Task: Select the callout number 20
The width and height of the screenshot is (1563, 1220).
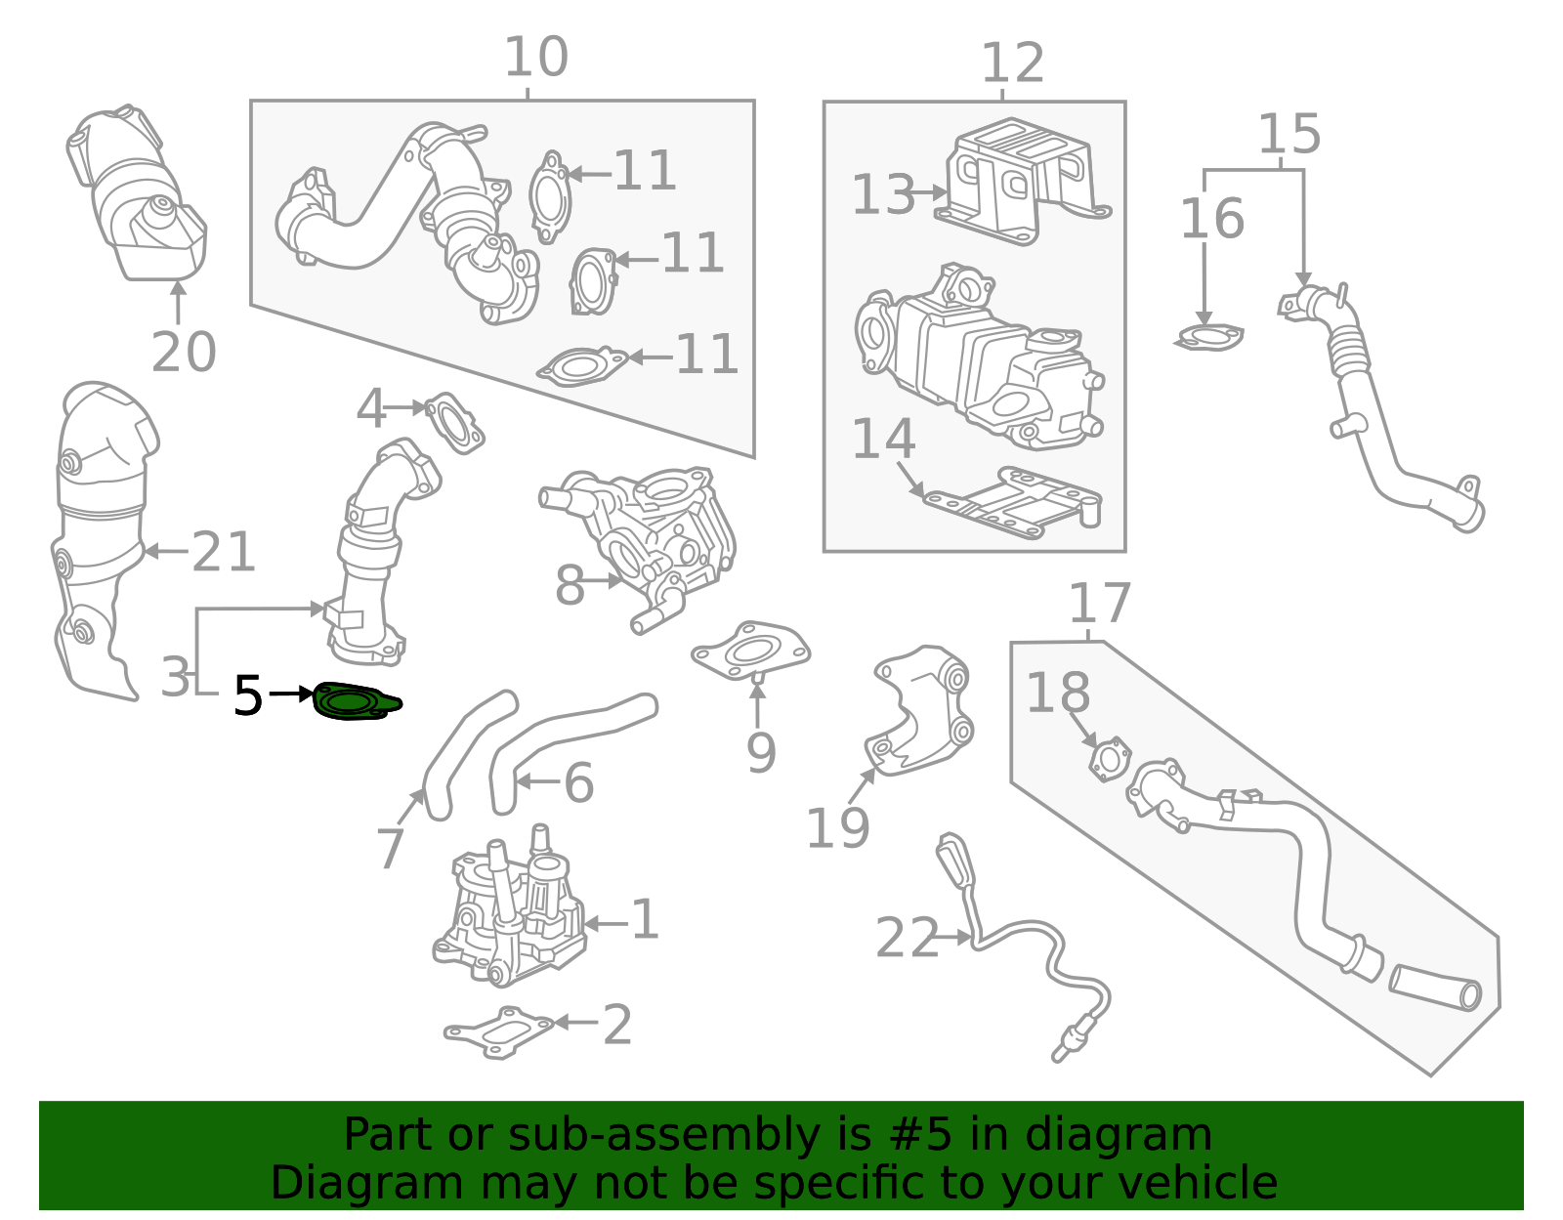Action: coord(184,353)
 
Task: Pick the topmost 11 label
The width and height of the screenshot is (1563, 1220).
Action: coord(645,171)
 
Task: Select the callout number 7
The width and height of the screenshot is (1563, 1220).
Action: coord(390,848)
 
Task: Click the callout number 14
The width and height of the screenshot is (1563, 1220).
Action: coord(883,440)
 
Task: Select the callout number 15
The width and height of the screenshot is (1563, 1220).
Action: coord(1288,134)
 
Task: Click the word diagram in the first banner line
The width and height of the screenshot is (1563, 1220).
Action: coord(1153,1135)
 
